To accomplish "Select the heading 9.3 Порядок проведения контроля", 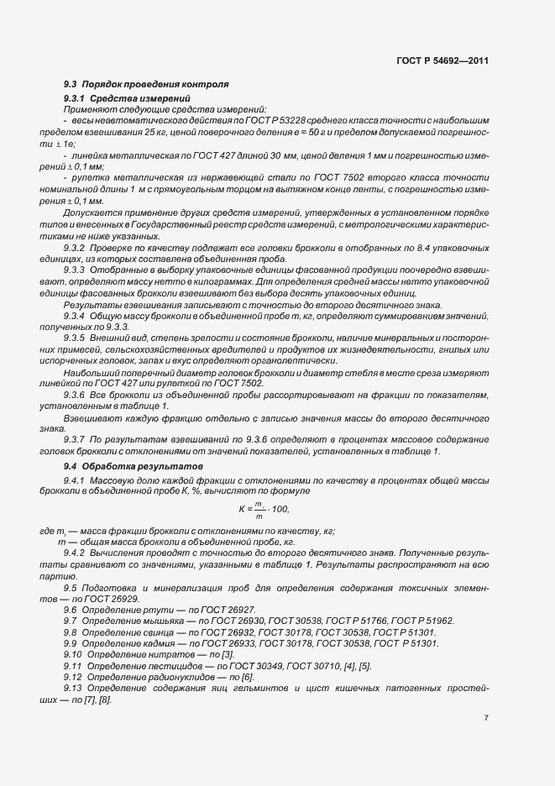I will (x=147, y=86).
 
